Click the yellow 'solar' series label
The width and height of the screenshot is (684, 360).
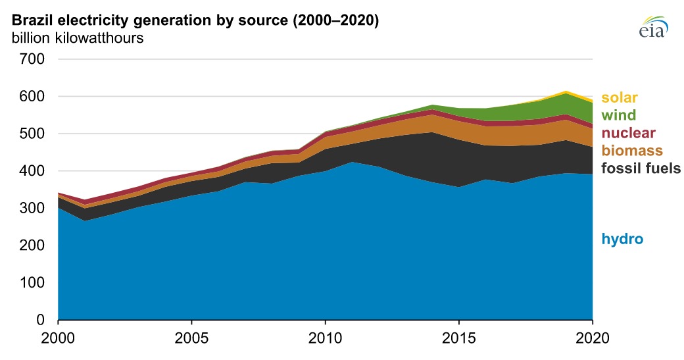620,99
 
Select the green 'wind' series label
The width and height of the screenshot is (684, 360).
618,116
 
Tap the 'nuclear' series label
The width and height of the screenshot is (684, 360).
629,134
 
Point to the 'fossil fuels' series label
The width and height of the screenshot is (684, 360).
642,168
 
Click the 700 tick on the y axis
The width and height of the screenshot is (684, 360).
32,59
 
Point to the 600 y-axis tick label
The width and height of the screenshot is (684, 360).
32,97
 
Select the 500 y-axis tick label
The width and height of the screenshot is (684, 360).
32,134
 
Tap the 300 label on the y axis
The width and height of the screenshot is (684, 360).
32,209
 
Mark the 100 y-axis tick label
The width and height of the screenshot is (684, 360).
32,283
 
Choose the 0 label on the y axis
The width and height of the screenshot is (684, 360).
40,321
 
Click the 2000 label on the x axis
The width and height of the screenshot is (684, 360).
59,342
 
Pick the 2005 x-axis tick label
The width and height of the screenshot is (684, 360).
191,342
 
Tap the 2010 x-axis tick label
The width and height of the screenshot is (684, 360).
325,342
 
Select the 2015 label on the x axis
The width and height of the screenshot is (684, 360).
458,342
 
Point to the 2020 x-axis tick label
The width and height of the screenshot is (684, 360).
591,342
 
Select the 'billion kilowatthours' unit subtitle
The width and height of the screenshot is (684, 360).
78,38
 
